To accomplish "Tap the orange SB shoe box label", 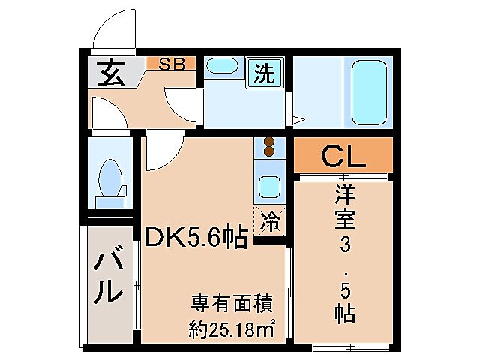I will (171, 64).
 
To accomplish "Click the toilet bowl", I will (111, 178).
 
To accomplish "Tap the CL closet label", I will (343, 157).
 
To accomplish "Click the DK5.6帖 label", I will (196, 238).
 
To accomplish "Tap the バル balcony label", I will (109, 277).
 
